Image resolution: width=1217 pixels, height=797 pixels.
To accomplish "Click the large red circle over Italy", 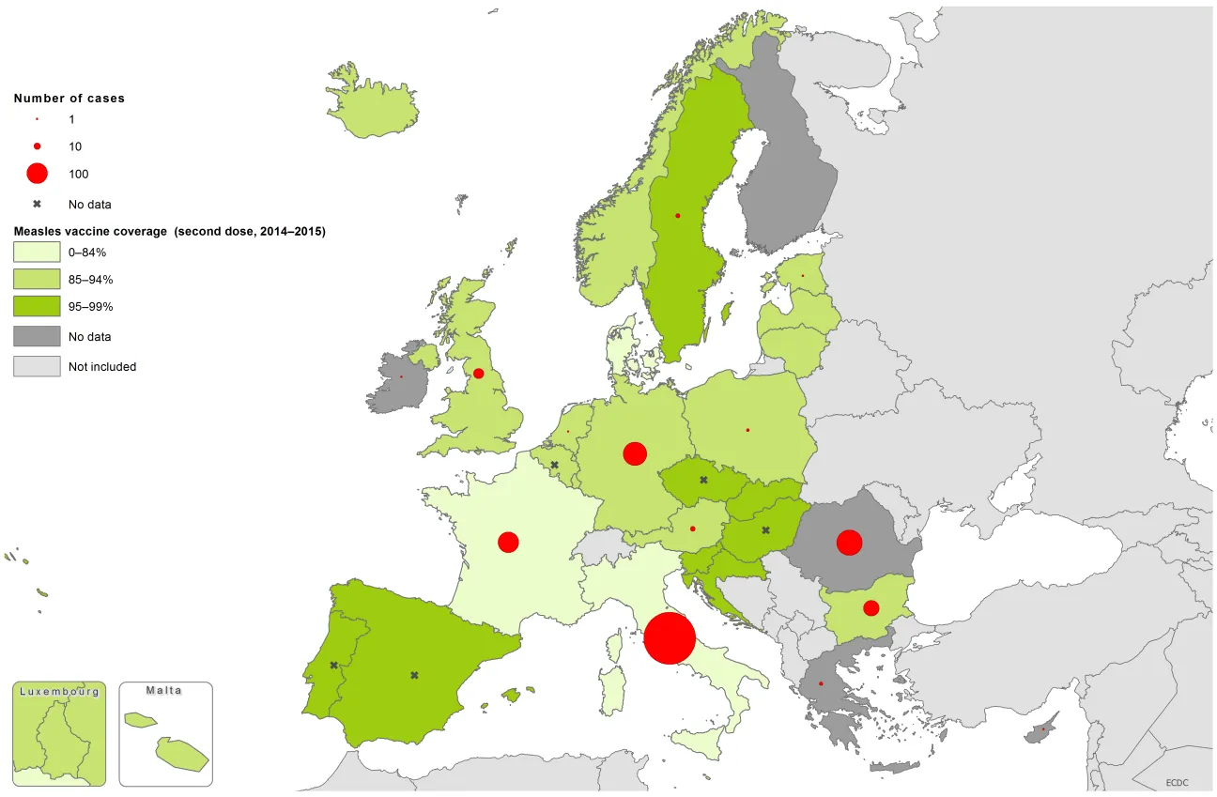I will coord(670,638).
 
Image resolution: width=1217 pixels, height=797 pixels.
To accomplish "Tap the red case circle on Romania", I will coord(849,543).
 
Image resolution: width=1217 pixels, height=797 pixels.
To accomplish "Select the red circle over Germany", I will coord(635,453).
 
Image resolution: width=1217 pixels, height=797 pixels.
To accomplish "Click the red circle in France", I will coord(508,542).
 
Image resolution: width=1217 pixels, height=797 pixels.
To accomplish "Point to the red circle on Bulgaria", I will coord(870,607).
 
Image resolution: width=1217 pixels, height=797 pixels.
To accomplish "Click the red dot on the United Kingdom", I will coord(478,373).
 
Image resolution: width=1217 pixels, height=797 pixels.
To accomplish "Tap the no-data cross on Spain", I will coord(414,675).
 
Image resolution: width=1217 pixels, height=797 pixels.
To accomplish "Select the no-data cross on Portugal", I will coord(333,665).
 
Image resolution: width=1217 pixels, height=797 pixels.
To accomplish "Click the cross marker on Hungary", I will coord(765,530).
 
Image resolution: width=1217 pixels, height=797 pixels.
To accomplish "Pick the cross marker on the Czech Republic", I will coord(703,480).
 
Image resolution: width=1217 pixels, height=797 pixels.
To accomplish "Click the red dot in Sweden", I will coord(677,216).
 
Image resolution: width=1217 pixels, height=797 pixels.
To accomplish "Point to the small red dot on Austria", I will coord(692,529).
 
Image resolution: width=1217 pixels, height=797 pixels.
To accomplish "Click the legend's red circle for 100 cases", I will coord(37,174).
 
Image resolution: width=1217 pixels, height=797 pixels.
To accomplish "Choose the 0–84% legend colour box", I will coord(36,252).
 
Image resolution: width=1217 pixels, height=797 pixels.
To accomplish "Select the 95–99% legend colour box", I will coord(36,306).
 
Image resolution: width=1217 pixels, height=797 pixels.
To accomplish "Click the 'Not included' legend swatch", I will coord(36,366).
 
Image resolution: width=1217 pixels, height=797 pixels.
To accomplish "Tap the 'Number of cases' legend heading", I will coord(69,98).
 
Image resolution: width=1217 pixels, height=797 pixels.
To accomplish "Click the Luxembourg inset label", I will coord(59,691).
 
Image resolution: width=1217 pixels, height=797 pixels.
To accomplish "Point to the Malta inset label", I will coord(164,690).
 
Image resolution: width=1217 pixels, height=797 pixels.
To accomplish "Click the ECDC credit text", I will coord(1178,782).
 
